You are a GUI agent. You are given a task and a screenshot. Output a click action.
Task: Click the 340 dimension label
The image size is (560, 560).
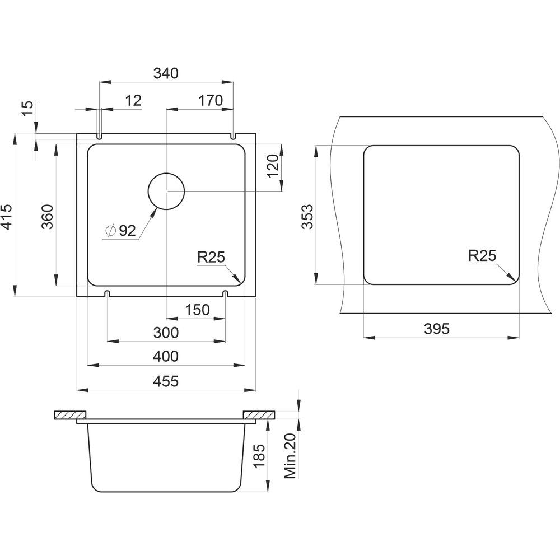(x=166, y=73)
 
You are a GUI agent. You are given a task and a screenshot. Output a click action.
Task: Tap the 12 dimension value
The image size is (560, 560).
(x=133, y=101)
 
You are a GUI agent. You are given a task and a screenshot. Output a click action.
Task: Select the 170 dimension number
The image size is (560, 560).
(x=211, y=101)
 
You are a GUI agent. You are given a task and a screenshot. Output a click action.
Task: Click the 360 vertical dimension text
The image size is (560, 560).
(x=48, y=216)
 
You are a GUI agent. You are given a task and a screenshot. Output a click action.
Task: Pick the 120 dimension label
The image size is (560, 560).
(x=273, y=166)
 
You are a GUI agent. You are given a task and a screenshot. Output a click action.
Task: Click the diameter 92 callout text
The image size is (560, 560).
(x=122, y=231)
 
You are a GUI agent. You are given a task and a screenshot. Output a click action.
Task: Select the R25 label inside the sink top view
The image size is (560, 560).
(x=211, y=257)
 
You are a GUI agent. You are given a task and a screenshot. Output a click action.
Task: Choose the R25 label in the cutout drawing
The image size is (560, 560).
(x=483, y=256)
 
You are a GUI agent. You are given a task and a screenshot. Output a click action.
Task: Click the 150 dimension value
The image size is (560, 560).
(x=197, y=310)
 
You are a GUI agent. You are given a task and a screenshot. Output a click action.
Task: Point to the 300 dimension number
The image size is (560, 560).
(x=166, y=333)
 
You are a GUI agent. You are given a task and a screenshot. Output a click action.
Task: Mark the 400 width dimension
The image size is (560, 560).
(x=166, y=356)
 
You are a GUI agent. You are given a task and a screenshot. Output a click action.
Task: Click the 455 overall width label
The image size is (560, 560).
(x=166, y=381)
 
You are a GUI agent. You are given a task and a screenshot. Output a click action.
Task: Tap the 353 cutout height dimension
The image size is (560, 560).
(x=307, y=216)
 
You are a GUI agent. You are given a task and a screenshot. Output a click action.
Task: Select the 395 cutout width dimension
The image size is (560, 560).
(x=436, y=329)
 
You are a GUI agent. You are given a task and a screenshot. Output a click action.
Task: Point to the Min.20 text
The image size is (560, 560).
(x=290, y=456)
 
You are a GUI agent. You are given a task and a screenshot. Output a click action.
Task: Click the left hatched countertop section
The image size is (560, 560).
(x=71, y=415)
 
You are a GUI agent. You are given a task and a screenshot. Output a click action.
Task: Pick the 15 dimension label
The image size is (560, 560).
(x=28, y=108)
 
